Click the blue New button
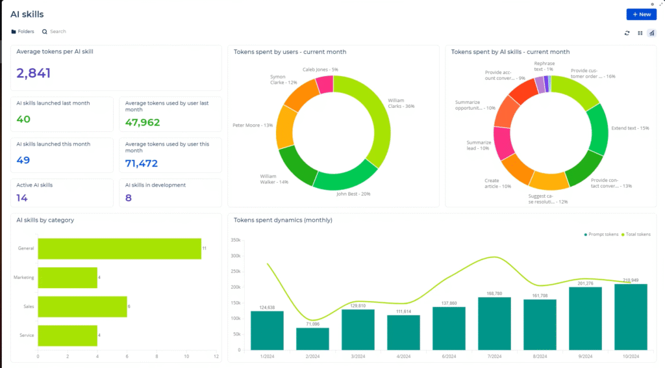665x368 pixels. click(641, 14)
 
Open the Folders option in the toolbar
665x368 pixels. click(23, 31)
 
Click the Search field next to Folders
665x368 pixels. click(58, 31)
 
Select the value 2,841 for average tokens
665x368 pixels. click(34, 73)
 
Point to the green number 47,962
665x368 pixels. click(142, 122)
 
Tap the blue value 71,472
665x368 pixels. click(142, 163)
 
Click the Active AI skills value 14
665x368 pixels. click(22, 198)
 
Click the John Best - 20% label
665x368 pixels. click(353, 194)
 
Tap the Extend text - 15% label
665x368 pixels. click(631, 128)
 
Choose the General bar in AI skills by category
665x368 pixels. click(119, 248)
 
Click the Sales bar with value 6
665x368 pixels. click(82, 307)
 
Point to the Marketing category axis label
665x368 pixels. click(24, 278)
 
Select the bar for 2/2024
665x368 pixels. click(312, 339)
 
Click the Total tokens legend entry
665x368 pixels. click(636, 234)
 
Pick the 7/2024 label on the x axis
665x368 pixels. click(494, 357)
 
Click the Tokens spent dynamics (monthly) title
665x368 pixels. click(282, 220)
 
